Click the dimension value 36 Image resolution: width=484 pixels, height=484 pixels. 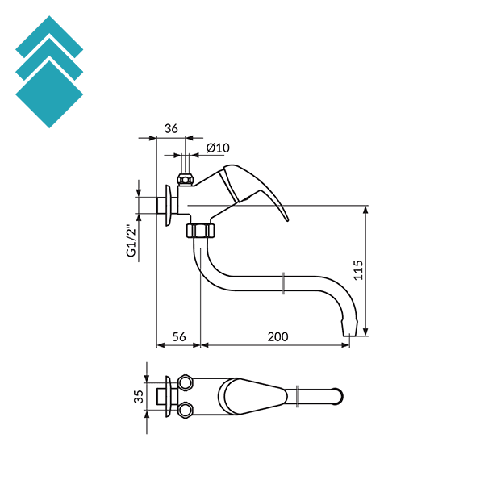point(171,128)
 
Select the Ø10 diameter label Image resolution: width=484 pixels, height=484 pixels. point(219,148)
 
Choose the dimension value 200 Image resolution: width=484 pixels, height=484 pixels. point(276,336)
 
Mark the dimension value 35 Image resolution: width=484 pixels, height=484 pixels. point(139,396)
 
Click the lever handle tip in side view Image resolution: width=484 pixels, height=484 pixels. point(284,216)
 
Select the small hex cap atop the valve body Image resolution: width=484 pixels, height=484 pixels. point(185,178)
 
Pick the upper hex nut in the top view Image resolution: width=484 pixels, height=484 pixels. point(185,382)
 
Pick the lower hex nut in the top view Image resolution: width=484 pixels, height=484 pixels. point(185,409)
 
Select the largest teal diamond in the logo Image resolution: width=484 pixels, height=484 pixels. point(49,94)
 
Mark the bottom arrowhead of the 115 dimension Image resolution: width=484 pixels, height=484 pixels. point(366,332)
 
